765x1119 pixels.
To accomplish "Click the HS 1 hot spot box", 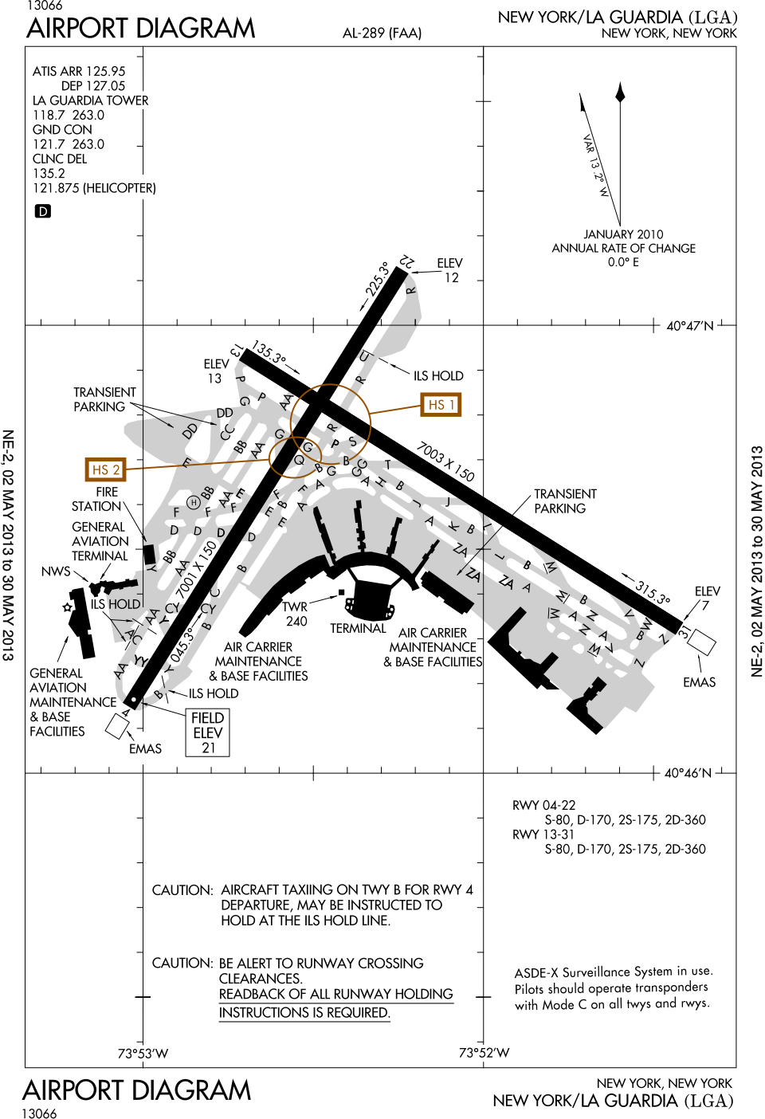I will tap(441, 405).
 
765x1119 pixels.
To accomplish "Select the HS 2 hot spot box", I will tap(106, 469).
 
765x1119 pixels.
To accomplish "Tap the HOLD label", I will tap(124, 604).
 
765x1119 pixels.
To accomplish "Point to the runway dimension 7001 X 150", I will tap(196, 570).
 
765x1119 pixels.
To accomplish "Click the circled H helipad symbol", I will tap(193, 502).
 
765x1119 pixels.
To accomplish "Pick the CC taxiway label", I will tap(227, 432).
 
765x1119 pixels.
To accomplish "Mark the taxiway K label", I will tap(453, 526).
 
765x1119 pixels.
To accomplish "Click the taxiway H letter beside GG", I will tap(381, 482).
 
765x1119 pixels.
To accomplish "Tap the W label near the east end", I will tap(647, 623).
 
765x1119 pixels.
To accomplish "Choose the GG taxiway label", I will tap(359, 467).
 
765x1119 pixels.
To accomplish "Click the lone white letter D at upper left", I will tap(43, 212).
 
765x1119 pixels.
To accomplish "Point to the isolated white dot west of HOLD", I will tap(67, 607).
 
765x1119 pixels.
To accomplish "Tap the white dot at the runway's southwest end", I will tap(133, 700).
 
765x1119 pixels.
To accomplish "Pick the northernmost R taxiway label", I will tap(411, 290).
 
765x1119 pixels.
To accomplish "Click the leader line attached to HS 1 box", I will tap(395, 410).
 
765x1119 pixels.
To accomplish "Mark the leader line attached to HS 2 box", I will tap(199, 464).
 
